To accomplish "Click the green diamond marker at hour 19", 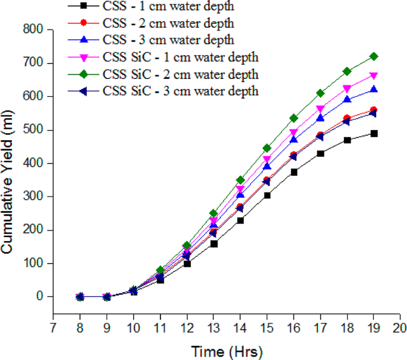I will click(374, 56).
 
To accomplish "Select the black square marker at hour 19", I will click(374, 134).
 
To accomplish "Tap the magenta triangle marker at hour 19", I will click(374, 76).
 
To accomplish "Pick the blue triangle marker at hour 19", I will click(374, 89).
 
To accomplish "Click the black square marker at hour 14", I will click(240, 220).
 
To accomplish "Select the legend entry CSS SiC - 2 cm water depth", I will click(181, 74).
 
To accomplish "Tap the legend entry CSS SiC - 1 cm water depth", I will click(181, 58).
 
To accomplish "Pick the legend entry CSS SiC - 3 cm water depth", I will click(181, 91).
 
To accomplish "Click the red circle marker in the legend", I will click(83, 24).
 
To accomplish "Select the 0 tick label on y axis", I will click(40, 296).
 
